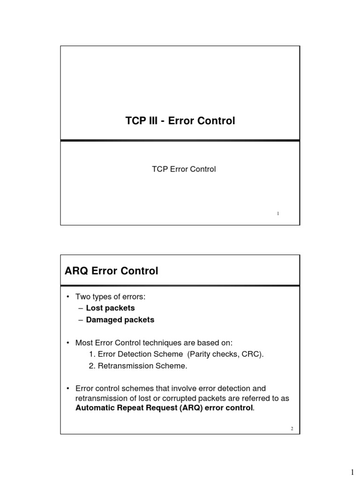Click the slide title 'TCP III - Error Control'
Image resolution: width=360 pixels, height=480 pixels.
(180, 121)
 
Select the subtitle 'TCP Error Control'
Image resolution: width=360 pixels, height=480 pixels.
(184, 169)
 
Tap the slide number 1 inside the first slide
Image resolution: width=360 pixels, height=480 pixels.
(278, 213)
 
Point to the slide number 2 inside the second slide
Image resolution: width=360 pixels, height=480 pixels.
(292, 429)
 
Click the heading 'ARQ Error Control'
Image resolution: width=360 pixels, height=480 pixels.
(112, 271)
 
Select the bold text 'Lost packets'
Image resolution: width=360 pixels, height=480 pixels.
(110, 308)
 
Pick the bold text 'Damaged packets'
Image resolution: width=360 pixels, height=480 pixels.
(120, 320)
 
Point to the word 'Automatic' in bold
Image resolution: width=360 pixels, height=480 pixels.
(95, 408)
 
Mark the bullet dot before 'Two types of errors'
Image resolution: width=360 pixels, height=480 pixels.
(68, 297)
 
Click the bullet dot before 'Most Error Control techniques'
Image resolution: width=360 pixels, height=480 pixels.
(68, 343)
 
